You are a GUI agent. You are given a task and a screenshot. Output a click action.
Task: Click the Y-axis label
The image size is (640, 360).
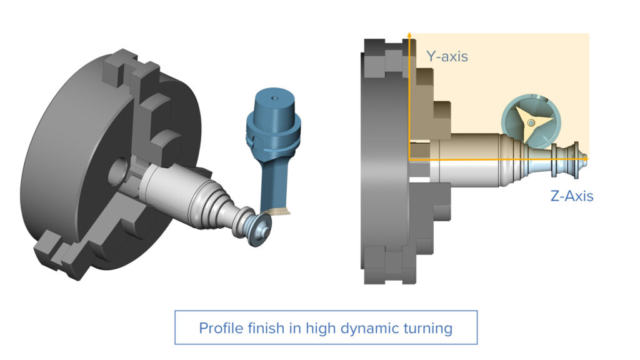tap(447, 56)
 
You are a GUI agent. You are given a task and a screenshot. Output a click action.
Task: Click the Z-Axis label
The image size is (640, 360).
tap(571, 196)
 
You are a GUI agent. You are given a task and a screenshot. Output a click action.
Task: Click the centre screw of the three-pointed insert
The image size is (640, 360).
tap(531, 122)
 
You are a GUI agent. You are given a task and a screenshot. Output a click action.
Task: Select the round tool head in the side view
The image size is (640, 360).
tap(531, 122)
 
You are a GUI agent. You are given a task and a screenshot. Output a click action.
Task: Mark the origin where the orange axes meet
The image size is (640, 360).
tap(409, 160)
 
